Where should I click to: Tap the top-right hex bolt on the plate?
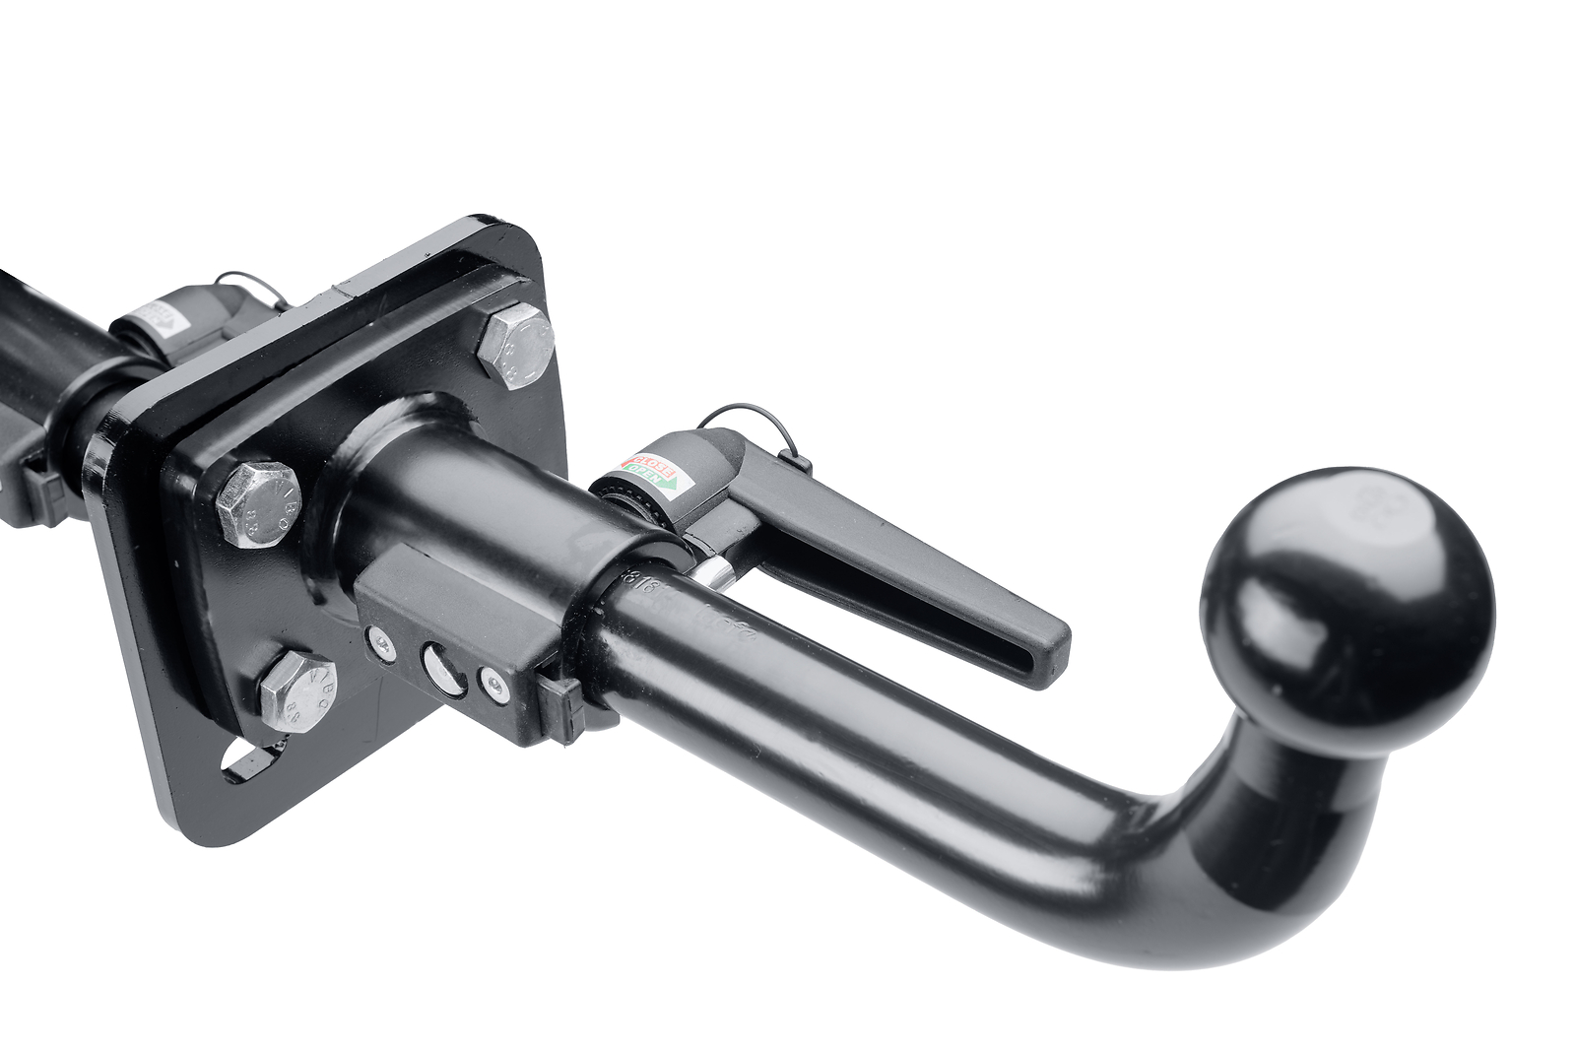point(514,346)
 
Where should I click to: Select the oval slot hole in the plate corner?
point(246,759)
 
